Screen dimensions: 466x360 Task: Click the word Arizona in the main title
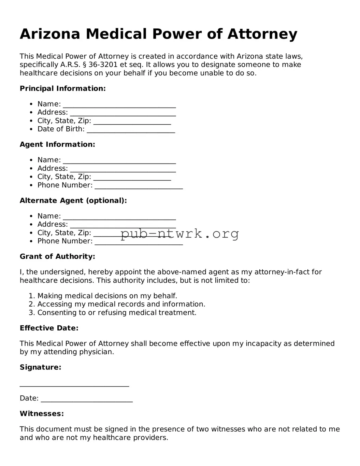50,34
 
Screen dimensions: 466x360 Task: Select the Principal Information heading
63,88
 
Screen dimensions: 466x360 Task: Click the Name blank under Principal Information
119,104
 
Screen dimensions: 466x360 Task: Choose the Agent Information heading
57,144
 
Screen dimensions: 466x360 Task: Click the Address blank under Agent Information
123,169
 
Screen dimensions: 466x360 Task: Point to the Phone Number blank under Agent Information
139,186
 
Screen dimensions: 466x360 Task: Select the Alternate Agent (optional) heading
73,200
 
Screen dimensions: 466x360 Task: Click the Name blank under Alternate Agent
119,216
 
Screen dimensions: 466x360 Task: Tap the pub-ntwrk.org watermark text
179,234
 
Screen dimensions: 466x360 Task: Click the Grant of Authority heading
57,256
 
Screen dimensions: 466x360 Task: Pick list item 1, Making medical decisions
107,296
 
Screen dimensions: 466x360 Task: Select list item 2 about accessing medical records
121,304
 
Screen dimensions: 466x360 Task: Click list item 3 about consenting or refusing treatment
117,312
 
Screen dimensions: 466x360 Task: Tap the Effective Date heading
49,328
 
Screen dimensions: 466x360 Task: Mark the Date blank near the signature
87,399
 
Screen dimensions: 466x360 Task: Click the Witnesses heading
42,414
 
